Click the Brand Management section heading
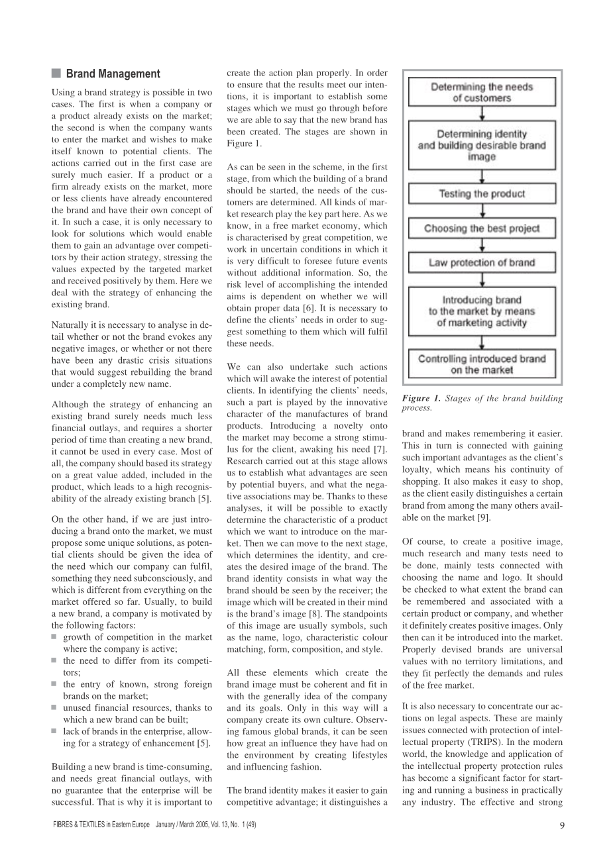pyautogui.click(x=113, y=74)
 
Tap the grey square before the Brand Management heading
pyautogui.click(x=56, y=74)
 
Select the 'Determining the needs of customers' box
pyautogui.click(x=481, y=93)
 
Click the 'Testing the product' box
pyautogui.click(x=481, y=194)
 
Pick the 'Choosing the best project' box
pyautogui.click(x=481, y=229)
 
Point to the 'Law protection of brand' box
pyautogui.click(x=481, y=263)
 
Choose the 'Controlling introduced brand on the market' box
pyautogui.click(x=481, y=364)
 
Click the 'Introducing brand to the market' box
pyautogui.click(x=481, y=311)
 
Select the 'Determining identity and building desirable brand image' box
pyautogui.click(x=481, y=146)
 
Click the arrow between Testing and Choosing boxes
pyautogui.click(x=482, y=211)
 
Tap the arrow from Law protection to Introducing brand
pyautogui.click(x=482, y=280)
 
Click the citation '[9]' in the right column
pyautogui.click(x=484, y=517)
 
